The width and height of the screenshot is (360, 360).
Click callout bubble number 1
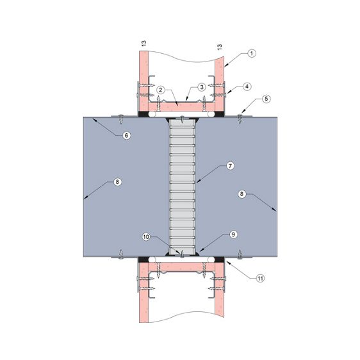click(x=252, y=54)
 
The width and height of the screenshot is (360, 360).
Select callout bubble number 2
click(x=161, y=90)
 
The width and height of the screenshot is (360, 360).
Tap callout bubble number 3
click(x=202, y=87)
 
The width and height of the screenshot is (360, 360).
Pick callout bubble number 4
click(x=247, y=86)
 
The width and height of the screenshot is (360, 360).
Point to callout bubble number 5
click(x=266, y=99)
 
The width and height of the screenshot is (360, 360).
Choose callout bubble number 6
click(x=126, y=136)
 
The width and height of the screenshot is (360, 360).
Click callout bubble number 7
click(x=230, y=166)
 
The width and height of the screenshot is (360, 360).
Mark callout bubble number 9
click(x=233, y=234)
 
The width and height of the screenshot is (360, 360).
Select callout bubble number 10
click(x=146, y=237)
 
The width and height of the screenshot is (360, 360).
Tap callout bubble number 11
click(x=260, y=278)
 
